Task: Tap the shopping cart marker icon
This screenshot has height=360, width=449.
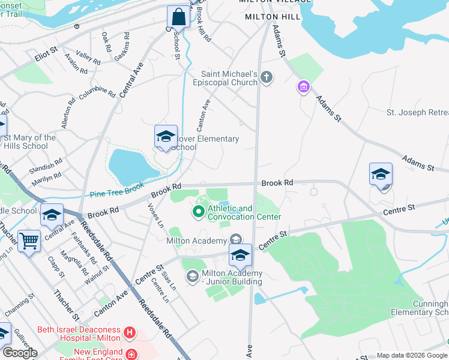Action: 29,241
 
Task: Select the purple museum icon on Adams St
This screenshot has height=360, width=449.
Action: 304,88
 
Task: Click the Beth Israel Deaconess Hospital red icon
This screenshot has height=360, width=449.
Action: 128,332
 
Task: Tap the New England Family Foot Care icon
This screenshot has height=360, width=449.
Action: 131,354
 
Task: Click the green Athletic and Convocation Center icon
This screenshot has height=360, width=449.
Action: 198,212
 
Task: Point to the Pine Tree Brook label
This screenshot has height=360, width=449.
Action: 116,193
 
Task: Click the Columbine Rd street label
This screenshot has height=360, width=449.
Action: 97,93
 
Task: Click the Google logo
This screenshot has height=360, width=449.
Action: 19,353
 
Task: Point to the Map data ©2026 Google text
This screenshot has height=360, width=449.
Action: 411,355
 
